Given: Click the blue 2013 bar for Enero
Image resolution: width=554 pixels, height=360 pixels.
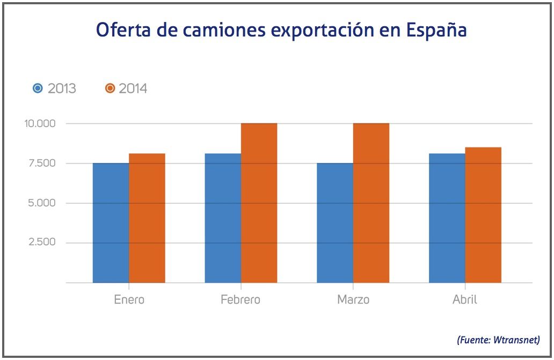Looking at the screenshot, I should pos(111,223).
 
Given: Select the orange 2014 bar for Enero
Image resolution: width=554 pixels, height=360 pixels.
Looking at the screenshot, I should pos(147,218).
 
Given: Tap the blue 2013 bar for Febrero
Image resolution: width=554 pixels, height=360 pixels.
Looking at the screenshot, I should pos(223,218).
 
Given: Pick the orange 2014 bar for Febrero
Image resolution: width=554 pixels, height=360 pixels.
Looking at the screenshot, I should pos(259,203).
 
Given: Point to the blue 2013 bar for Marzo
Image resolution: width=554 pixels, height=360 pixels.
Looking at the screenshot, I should pos(335,223).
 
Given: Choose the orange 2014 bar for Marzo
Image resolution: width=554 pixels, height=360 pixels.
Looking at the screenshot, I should pos(371,203).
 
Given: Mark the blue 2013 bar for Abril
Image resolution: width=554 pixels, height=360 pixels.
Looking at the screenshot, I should pos(447,218).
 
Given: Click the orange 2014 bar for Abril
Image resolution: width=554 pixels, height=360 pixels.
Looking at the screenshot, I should pos(483,215).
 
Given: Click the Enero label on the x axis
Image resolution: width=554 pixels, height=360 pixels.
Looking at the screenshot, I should pos(129,299).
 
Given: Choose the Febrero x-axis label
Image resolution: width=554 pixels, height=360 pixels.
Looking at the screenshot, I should pos(240,299).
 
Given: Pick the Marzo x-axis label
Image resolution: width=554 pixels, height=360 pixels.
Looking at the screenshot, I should pos(353,299).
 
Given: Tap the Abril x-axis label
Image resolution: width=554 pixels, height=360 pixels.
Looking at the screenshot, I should pos(465,299).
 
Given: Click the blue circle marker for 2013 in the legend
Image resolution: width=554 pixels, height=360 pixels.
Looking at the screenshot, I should pos(38,88).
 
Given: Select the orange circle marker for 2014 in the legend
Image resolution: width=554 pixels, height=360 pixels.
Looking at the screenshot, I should pos(110,88).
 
